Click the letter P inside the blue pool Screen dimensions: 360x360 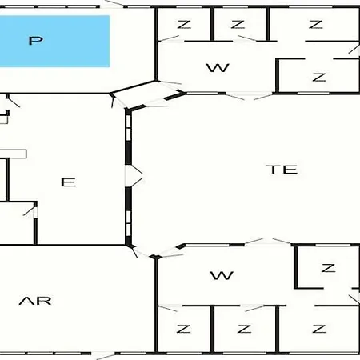pyautogui.click(x=36, y=41)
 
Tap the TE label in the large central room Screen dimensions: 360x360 pyautogui.click(x=283, y=170)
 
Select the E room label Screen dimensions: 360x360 pyautogui.click(x=69, y=182)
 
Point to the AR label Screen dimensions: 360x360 pyautogui.click(x=35, y=301)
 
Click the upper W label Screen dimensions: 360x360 pyautogui.click(x=218, y=68)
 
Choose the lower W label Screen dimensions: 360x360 pyautogui.click(x=222, y=276)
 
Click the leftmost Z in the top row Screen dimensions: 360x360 pyautogui.click(x=184, y=25)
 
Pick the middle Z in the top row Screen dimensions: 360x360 pyautogui.click(x=238, y=25)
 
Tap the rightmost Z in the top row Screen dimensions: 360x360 pyautogui.click(x=316, y=25)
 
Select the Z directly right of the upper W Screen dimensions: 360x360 pyautogui.click(x=319, y=78)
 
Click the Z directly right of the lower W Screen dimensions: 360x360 pyautogui.click(x=328, y=268)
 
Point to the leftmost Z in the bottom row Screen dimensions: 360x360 pyautogui.click(x=183, y=329)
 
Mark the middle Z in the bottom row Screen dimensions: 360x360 pyautogui.click(x=244, y=329)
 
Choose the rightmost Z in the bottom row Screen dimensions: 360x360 pyautogui.click(x=319, y=329)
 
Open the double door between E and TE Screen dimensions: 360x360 pyautogui.click(x=134, y=176)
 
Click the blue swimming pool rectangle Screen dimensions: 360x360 pyautogui.click(x=54, y=41)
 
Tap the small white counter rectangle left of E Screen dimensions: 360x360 pyautogui.click(x=13, y=154)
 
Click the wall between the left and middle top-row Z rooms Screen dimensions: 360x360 pyautogui.click(x=212, y=24)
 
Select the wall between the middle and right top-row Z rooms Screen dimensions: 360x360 pyautogui.click(x=268, y=24)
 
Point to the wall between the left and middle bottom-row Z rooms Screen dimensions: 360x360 pyautogui.click(x=212, y=329)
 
